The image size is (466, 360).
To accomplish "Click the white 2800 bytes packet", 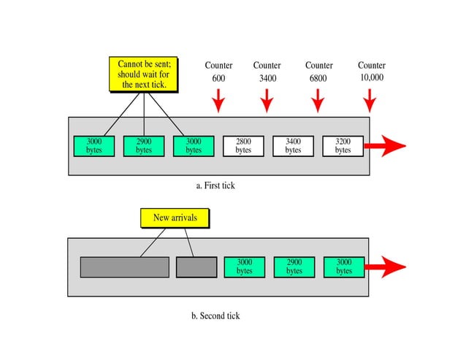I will (243, 145).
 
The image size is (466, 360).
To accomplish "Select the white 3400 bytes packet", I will (293, 145).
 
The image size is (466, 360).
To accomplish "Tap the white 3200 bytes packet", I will (343, 145).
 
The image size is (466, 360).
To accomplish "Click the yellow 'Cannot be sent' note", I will (144, 74).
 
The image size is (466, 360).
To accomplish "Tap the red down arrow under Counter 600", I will (218, 100).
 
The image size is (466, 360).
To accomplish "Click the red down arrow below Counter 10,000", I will (370, 100).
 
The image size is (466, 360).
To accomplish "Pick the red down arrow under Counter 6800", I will (317, 100).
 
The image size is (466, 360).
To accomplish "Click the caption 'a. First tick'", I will (215, 185).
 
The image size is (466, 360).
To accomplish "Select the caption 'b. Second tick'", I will (215, 316).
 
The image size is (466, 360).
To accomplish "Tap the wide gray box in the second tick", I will (124, 267).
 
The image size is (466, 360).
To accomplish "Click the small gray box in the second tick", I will (196, 267).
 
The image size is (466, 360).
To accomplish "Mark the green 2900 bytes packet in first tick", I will (144, 145).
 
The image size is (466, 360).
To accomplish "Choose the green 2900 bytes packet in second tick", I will (294, 267).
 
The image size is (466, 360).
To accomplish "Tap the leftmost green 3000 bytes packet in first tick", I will (94, 145).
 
